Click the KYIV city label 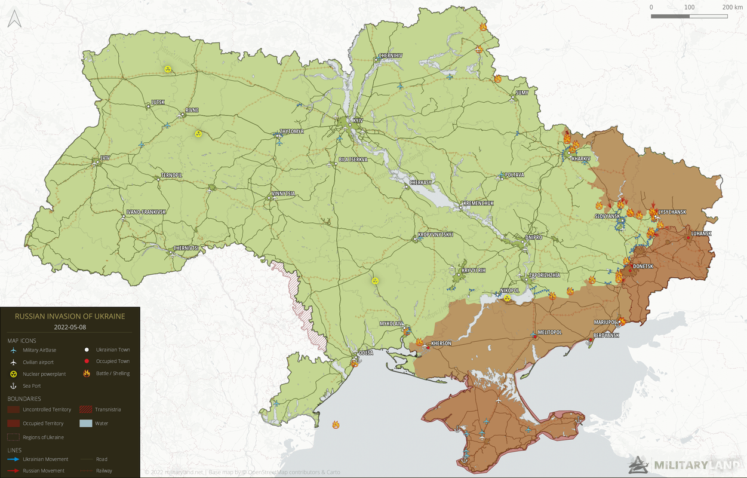click(358, 120)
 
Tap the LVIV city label click(105, 158)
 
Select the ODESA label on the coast click(365, 353)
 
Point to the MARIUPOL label click(605, 322)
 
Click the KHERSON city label click(441, 343)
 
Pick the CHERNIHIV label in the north click(391, 56)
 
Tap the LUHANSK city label click(701, 233)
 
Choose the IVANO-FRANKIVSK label click(146, 212)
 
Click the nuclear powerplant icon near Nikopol click(507, 298)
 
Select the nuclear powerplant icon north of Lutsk click(168, 69)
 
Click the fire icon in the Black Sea click(336, 425)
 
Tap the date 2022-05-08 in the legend click(69, 327)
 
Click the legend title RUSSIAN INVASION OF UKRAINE click(70, 316)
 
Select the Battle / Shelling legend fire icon click(87, 373)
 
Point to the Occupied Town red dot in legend click(87, 361)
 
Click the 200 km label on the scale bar click(732, 7)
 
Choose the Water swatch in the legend click(87, 423)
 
